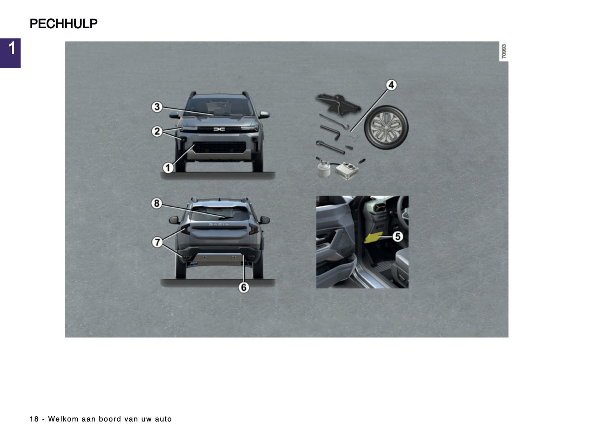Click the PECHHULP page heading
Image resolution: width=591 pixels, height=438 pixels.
[63, 24]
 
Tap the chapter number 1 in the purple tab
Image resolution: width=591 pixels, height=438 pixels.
[12, 49]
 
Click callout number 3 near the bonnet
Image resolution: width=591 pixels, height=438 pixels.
[157, 107]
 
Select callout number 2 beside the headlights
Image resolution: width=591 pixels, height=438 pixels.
[157, 131]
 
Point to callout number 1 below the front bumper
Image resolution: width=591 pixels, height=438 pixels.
[168, 167]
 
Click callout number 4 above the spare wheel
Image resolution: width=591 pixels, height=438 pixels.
[391, 85]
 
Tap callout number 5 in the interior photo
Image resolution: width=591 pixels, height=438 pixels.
[398, 236]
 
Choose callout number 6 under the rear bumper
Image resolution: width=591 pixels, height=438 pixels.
[244, 287]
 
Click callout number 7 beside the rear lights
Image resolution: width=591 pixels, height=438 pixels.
[157, 242]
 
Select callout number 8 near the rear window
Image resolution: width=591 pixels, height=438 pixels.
[157, 203]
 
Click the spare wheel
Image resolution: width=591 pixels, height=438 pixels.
[386, 127]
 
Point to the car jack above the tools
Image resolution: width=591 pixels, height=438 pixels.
[337, 102]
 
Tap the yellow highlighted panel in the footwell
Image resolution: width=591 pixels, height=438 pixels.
[373, 237]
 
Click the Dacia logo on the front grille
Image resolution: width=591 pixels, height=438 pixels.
[219, 129]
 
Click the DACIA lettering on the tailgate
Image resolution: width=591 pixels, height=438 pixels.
[219, 224]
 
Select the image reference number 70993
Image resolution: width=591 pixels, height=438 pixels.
[504, 52]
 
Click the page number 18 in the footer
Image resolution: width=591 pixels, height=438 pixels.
[34, 419]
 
